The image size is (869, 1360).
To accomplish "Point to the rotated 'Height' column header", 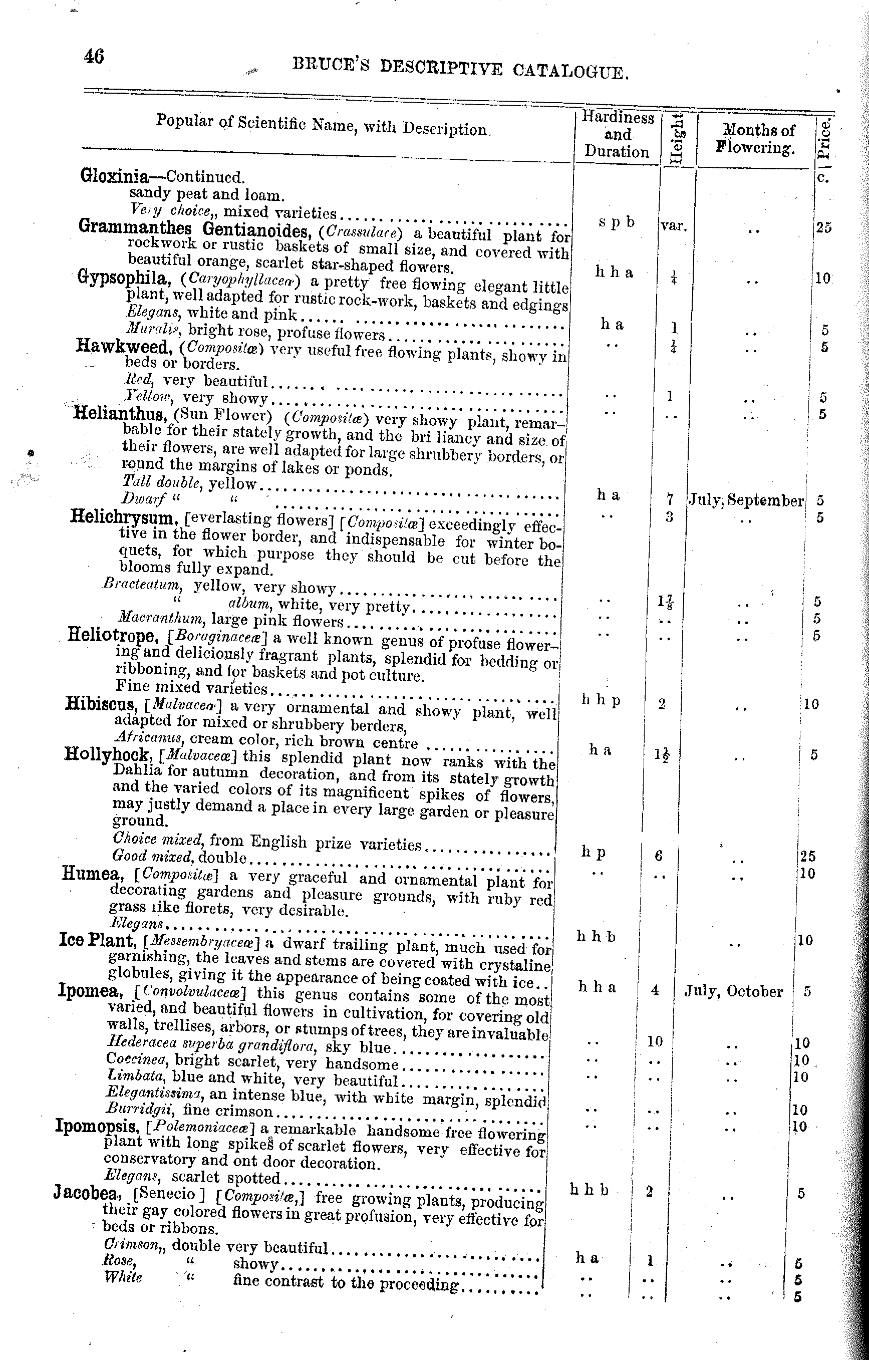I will (677, 138).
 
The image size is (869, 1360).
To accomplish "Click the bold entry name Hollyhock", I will (107, 754).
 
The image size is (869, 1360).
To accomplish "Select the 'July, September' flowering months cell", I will (745, 500).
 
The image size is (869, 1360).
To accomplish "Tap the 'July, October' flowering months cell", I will (733, 992).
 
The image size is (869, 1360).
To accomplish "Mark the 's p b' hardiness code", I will (616, 222).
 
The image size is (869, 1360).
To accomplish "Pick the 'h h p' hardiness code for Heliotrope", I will (601, 700).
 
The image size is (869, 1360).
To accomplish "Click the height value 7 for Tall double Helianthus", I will (670, 499).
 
